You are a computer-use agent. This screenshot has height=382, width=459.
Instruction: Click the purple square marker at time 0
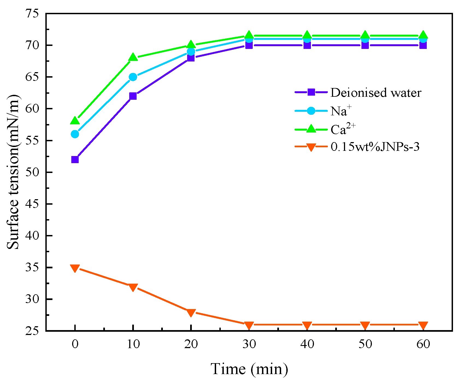point(75,160)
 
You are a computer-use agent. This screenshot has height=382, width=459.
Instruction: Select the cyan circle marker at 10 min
point(133,77)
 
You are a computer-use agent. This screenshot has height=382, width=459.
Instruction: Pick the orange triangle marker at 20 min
point(191,312)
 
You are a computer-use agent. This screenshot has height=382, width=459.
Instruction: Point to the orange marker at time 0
point(75,268)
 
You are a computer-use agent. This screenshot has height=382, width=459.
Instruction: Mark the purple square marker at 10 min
point(133,96)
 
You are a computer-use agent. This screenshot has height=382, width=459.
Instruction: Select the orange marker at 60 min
point(423,325)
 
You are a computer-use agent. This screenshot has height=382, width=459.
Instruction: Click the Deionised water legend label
point(376,93)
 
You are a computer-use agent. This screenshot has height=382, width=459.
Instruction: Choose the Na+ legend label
point(341,111)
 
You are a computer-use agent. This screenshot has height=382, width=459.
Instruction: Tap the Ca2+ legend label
point(343,129)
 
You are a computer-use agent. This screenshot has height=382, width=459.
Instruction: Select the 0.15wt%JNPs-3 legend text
point(375,147)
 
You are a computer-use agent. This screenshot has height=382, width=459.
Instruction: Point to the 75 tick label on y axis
point(32,13)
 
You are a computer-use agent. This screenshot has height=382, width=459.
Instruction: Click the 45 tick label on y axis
point(32,204)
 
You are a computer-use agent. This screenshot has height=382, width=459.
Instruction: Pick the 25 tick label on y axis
point(32,331)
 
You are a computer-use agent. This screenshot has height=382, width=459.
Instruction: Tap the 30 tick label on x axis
point(249,344)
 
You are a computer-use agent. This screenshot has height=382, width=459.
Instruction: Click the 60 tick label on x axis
point(423,344)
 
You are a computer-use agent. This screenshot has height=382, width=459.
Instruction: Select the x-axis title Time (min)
point(249,369)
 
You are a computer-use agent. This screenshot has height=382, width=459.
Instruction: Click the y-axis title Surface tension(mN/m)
point(13,172)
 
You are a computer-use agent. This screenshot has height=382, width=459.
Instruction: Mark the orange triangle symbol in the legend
point(311,147)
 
